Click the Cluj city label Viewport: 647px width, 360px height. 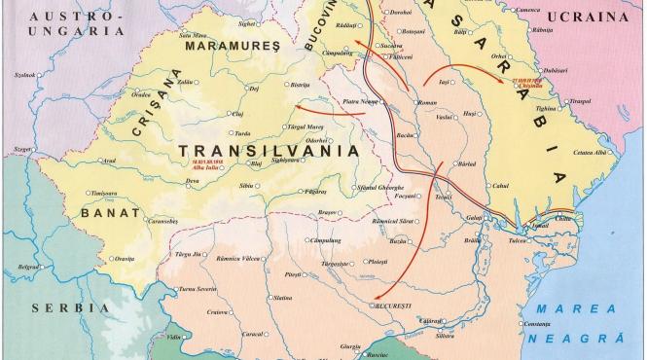236,114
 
